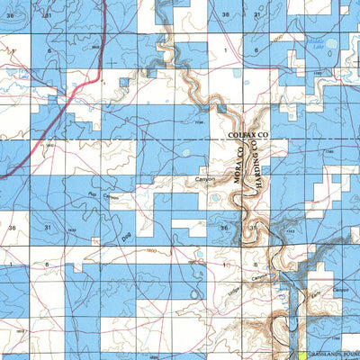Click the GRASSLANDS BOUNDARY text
tap(336, 355)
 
